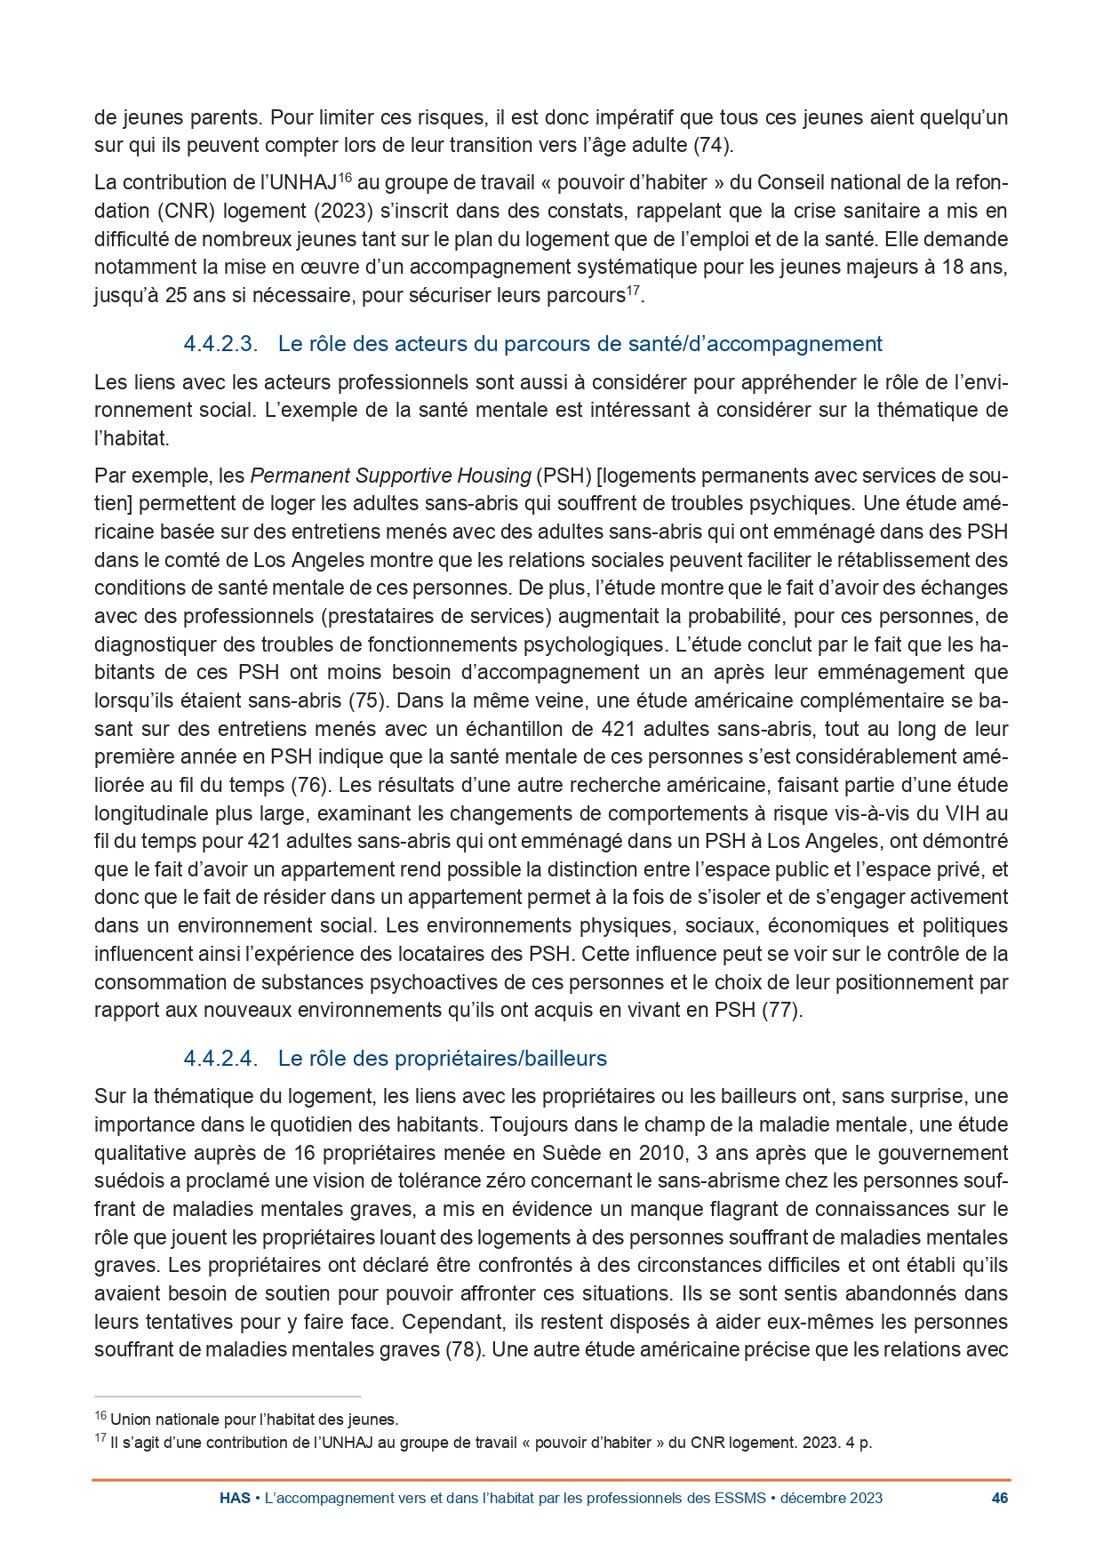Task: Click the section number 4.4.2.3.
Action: click(x=220, y=344)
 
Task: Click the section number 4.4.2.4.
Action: click(x=220, y=1059)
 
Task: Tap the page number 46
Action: click(x=999, y=1498)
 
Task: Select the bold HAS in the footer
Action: click(x=235, y=1498)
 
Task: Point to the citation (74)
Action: click(x=712, y=145)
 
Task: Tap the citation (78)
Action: click(x=463, y=1349)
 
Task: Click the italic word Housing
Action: click(x=493, y=476)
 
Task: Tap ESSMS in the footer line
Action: click(x=739, y=1498)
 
